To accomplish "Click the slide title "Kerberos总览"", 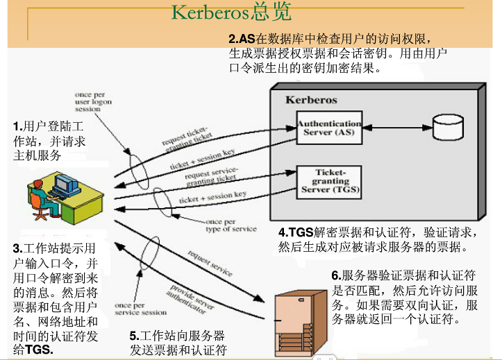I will (231, 12).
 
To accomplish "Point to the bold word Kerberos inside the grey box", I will (311, 100).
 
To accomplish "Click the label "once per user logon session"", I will (93, 101).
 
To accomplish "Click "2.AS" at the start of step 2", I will (242, 38).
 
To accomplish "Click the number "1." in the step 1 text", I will (18, 126).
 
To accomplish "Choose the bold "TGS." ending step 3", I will (39, 350).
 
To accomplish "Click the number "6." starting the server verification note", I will (336, 275).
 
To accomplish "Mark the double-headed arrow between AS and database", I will (395, 128).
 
